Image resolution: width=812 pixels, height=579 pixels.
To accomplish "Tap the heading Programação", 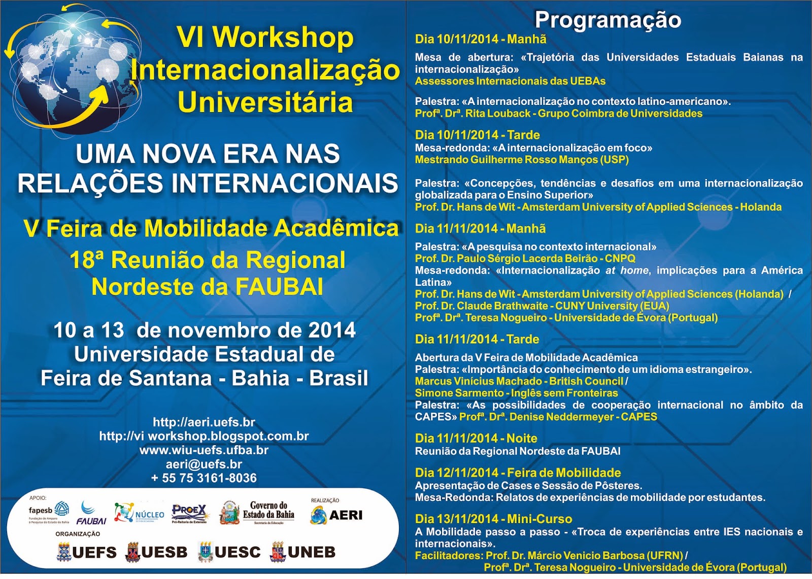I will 607,20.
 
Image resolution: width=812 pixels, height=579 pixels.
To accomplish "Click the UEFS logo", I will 87,552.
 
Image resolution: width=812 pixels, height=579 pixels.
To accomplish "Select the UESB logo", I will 156,552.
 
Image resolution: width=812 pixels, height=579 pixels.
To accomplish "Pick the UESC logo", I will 229,552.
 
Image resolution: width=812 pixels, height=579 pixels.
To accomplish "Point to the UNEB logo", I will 303,552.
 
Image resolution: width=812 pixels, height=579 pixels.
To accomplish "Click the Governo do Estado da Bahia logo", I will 257,512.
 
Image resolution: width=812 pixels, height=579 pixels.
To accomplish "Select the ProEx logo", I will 189,512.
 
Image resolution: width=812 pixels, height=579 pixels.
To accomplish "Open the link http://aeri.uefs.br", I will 204,422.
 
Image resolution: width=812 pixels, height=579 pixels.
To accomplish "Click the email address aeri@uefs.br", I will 204,464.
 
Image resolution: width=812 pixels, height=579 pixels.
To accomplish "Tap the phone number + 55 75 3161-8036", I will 204,478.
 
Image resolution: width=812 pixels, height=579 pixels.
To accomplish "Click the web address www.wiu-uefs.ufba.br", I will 204,450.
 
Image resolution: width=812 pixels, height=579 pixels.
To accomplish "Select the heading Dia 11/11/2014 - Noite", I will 476,438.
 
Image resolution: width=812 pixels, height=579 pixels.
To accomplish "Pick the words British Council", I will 586,381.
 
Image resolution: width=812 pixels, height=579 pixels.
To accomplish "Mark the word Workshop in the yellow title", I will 283,38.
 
